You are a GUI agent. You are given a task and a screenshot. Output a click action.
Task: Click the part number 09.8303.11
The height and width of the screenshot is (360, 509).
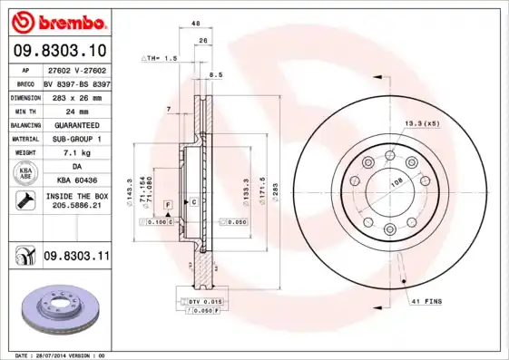coord(76,258)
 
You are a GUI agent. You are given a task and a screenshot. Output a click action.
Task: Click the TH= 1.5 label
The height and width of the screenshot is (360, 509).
coord(160,58)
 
